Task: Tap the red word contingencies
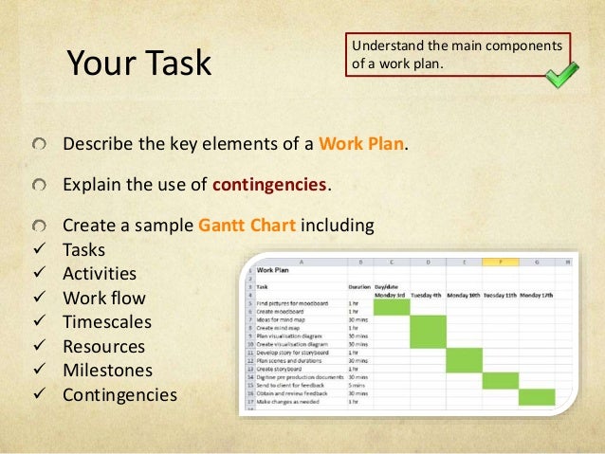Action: (x=269, y=183)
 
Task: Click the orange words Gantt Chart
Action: (x=249, y=227)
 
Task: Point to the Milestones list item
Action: (x=108, y=371)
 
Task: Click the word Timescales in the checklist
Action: (x=106, y=322)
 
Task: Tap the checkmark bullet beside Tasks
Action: (x=37, y=250)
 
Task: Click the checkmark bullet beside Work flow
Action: (x=37, y=299)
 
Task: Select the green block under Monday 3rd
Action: (x=391, y=306)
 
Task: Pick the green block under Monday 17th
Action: (x=537, y=396)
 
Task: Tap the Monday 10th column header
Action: (x=464, y=295)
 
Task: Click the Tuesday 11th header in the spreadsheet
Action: (x=500, y=295)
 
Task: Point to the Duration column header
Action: (x=358, y=284)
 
